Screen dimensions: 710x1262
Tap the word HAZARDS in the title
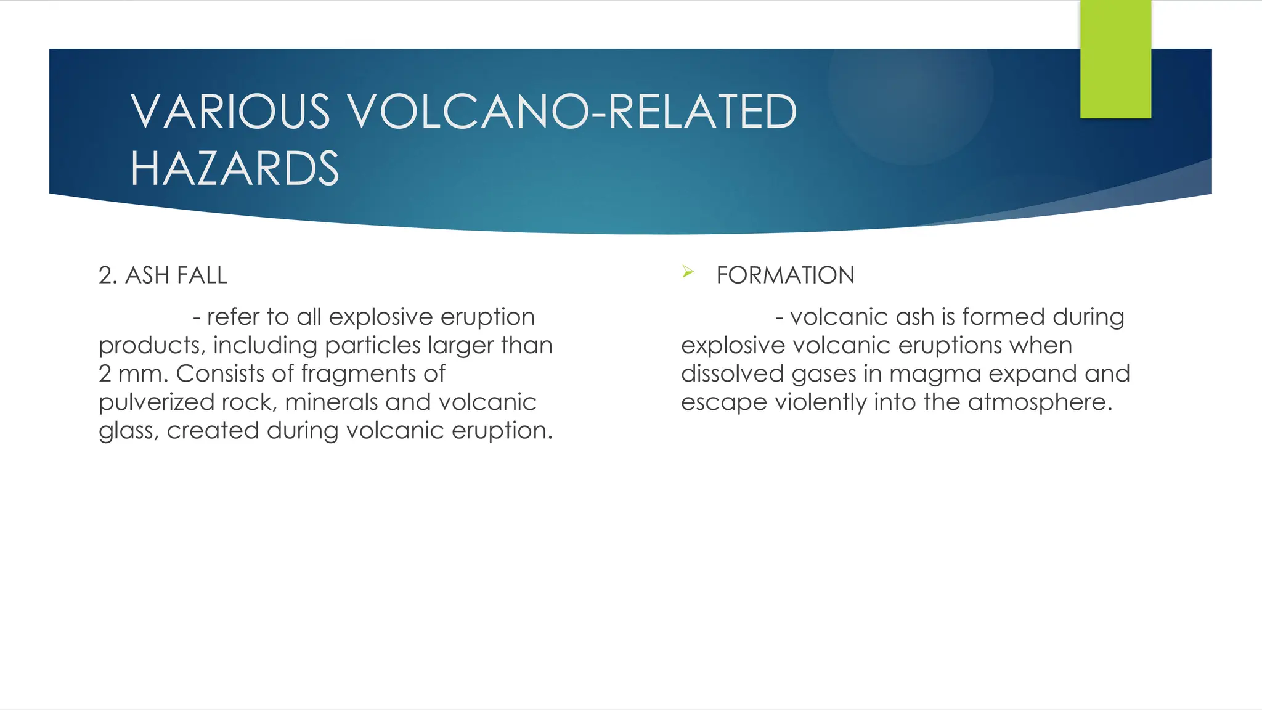click(x=235, y=168)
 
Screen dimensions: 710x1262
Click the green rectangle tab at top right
click(x=1115, y=59)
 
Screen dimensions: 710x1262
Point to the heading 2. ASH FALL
click(x=163, y=275)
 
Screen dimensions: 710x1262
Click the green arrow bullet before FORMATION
click(x=688, y=272)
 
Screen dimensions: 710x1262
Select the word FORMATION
click(x=785, y=275)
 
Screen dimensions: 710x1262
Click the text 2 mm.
click(x=132, y=374)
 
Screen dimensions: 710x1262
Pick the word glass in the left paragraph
click(x=124, y=431)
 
